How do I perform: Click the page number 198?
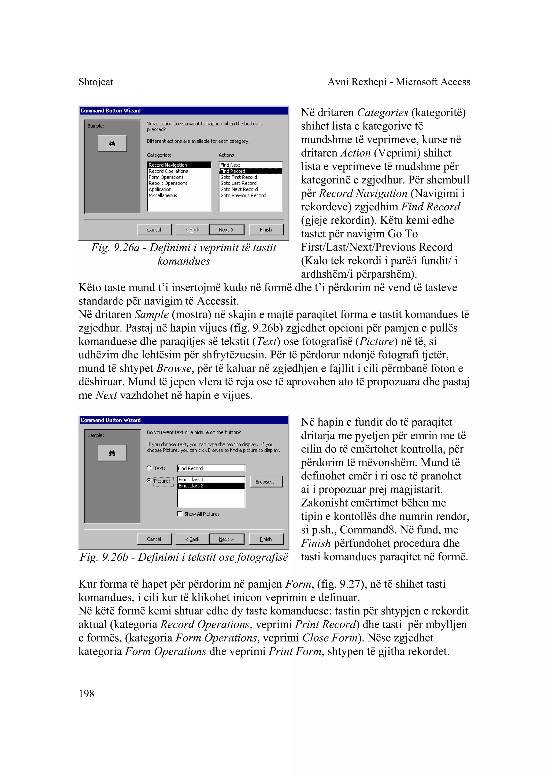pyautogui.click(x=86, y=694)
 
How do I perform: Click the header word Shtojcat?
pyautogui.click(x=96, y=82)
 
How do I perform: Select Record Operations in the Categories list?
pyautogui.click(x=168, y=171)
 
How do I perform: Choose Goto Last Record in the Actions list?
pyautogui.click(x=238, y=183)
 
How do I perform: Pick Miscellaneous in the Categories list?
pyautogui.click(x=163, y=195)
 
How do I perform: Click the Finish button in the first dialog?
pyautogui.click(x=266, y=230)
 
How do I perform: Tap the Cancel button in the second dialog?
pyautogui.click(x=154, y=539)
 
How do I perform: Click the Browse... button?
pyautogui.click(x=266, y=482)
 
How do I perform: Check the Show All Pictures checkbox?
pyautogui.click(x=180, y=514)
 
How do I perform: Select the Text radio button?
pyautogui.click(x=149, y=468)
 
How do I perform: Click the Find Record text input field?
pyautogui.click(x=211, y=468)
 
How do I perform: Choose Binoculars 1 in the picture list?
pyautogui.click(x=191, y=480)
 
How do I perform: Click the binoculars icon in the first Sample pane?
pyautogui.click(x=112, y=144)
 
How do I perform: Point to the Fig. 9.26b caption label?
pyautogui.click(x=184, y=557)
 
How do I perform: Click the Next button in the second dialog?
pyautogui.click(x=226, y=539)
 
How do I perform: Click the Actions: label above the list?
pyautogui.click(x=227, y=155)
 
